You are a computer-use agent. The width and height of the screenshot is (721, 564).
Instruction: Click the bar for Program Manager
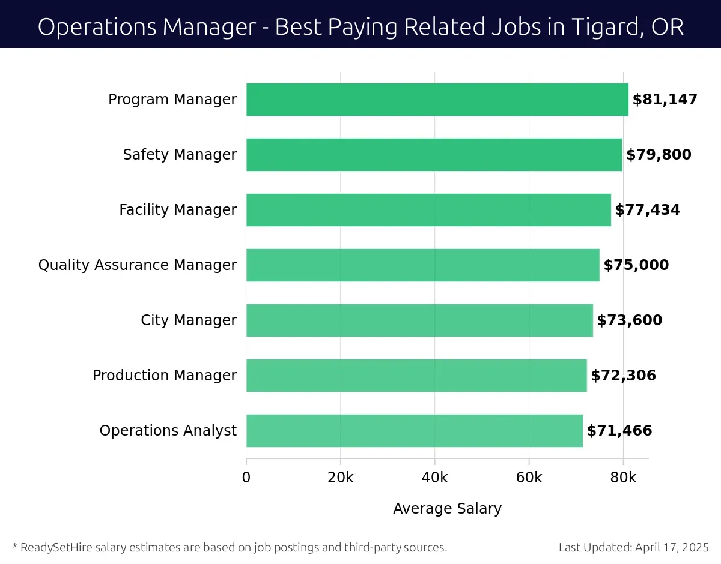(437, 100)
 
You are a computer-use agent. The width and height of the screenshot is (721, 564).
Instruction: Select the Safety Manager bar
(434, 155)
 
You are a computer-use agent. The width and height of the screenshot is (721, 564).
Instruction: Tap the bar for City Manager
(419, 320)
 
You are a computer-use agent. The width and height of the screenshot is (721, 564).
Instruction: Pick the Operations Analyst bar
(415, 431)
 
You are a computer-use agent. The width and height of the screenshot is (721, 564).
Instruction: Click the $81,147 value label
(665, 100)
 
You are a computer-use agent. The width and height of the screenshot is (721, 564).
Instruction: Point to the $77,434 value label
(647, 210)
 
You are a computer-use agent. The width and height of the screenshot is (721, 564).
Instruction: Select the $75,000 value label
(636, 265)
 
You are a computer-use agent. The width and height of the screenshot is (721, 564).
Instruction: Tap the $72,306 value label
(623, 376)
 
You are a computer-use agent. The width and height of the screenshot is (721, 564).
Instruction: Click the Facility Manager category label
(178, 210)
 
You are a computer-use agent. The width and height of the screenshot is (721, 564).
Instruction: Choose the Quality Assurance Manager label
(138, 265)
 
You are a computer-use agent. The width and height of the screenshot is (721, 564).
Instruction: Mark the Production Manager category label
(165, 376)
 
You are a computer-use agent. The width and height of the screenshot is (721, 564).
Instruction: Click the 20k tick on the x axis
(341, 478)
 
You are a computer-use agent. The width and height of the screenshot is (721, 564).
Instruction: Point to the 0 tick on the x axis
(246, 478)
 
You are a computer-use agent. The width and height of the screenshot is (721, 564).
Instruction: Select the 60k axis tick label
(529, 478)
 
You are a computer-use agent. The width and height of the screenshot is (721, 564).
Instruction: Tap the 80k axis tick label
(623, 478)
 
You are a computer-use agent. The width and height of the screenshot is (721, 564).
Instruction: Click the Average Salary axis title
(447, 509)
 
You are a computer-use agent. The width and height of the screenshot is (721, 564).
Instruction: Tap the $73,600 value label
(629, 320)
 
